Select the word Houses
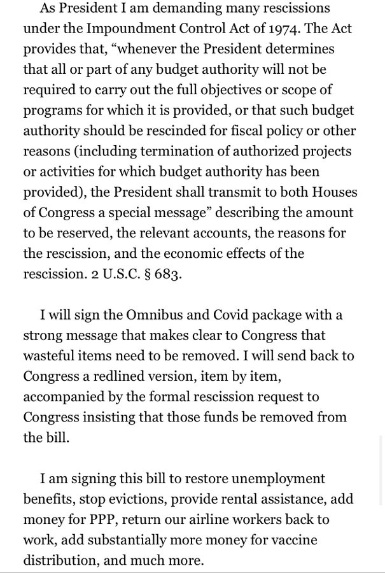330,192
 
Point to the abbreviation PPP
99,520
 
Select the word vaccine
293,540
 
